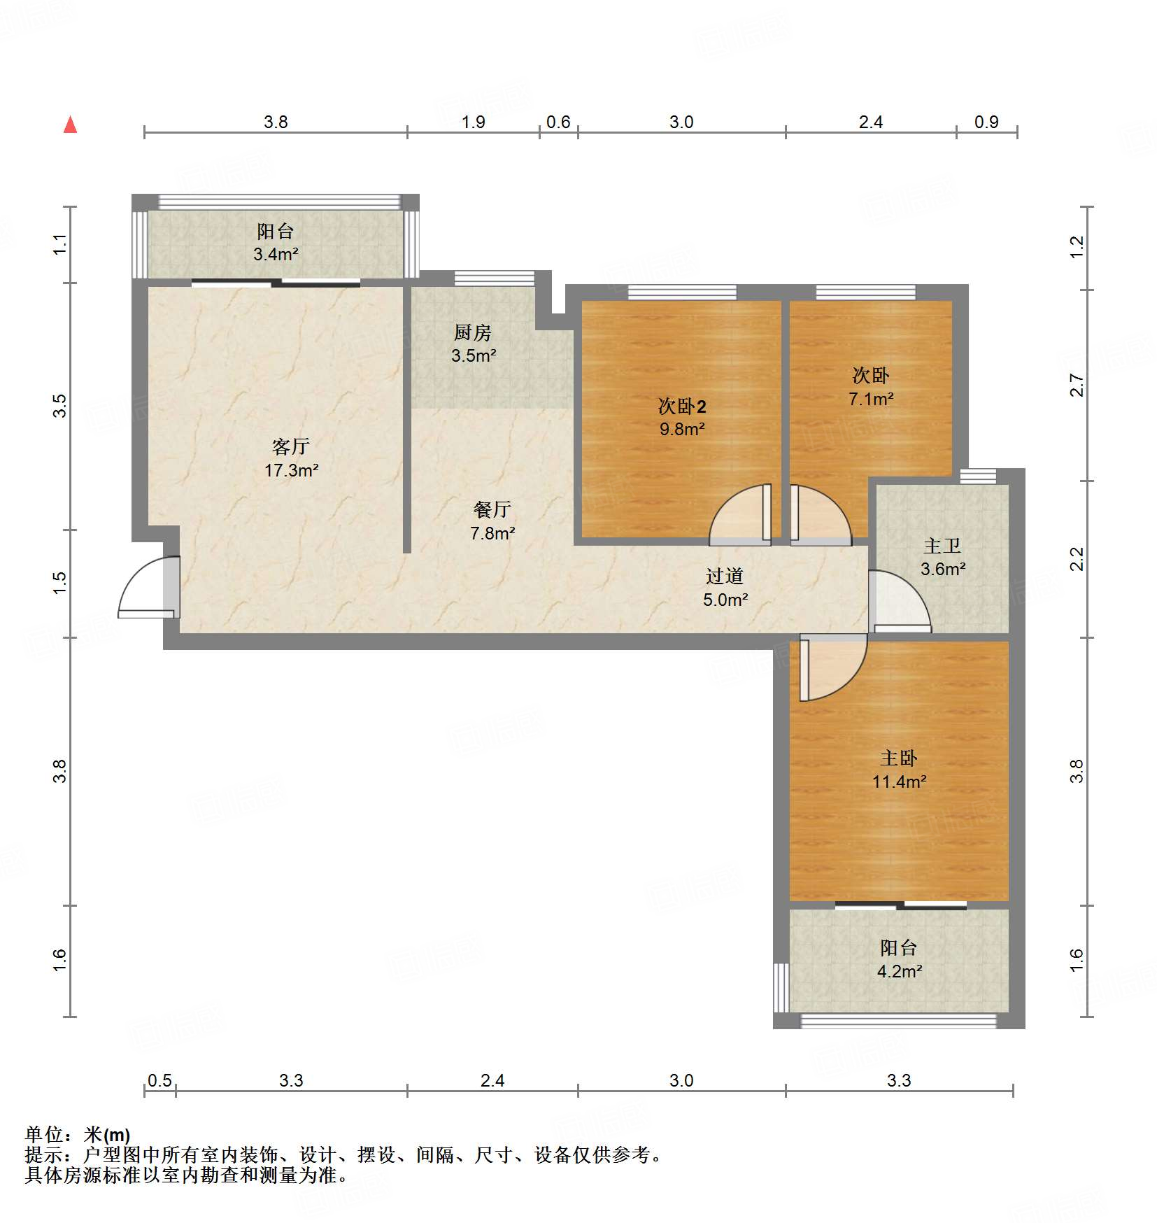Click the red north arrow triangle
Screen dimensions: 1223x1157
pyautogui.click(x=70, y=126)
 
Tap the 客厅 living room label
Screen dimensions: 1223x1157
pyautogui.click(x=290, y=446)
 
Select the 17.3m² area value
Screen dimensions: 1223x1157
pyautogui.click(x=291, y=470)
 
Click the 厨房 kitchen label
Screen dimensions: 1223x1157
pyautogui.click(x=473, y=332)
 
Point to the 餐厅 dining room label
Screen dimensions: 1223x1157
pyautogui.click(x=492, y=509)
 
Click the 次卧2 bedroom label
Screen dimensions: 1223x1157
pyautogui.click(x=682, y=407)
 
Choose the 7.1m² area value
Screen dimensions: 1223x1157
pyautogui.click(x=871, y=400)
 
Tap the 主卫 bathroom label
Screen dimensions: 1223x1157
pyautogui.click(x=942, y=546)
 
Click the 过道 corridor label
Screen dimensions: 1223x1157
pyautogui.click(x=725, y=577)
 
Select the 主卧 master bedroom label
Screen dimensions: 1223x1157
pyautogui.click(x=899, y=758)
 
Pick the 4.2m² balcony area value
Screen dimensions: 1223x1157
pyautogui.click(x=899, y=972)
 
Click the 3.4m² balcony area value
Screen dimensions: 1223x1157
pyautogui.click(x=276, y=254)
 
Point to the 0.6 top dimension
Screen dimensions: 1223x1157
pyautogui.click(x=558, y=122)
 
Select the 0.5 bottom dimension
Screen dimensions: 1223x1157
pyautogui.click(x=159, y=1081)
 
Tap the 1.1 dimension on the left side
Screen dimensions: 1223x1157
pyautogui.click(x=60, y=244)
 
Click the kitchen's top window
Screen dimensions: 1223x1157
pyautogui.click(x=495, y=278)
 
